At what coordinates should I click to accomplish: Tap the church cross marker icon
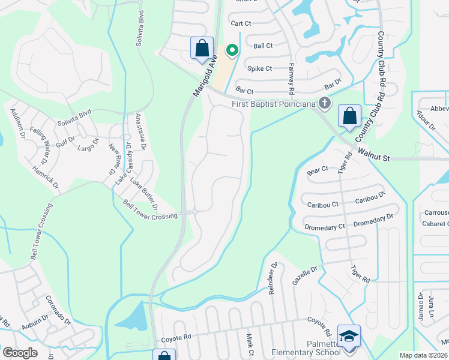(325, 103)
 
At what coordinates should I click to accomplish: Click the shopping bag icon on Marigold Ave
(202, 48)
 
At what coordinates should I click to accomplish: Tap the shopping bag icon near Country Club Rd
(349, 116)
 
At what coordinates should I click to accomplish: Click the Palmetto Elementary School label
(306, 353)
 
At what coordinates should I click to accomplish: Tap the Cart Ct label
(241, 23)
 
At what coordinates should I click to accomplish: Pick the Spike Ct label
(262, 68)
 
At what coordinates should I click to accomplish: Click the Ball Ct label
(263, 46)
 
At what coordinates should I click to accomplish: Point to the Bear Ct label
(318, 170)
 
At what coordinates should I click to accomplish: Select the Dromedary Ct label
(325, 226)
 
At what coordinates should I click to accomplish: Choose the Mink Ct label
(250, 344)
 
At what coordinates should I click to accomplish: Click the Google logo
(20, 352)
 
